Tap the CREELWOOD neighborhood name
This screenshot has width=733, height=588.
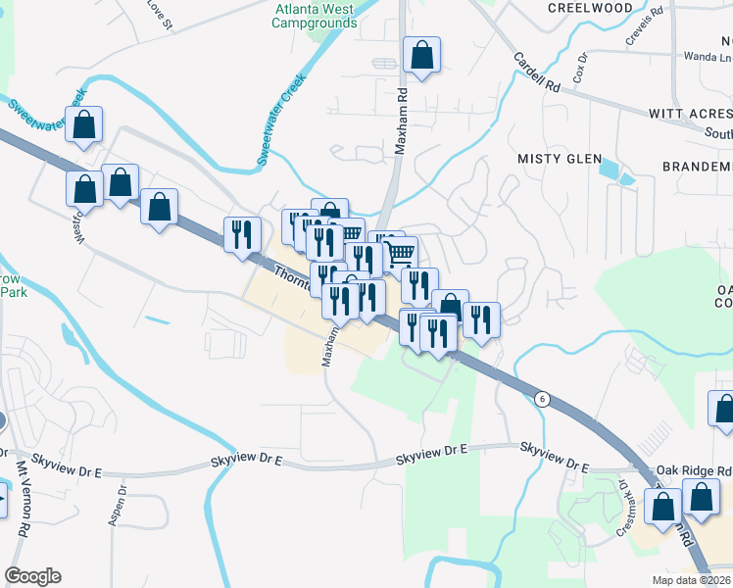[x=591, y=8]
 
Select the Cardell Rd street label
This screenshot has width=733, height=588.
[x=537, y=73]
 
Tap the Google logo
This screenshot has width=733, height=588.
[x=32, y=576]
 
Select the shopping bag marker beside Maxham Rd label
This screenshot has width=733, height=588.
[x=421, y=57]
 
